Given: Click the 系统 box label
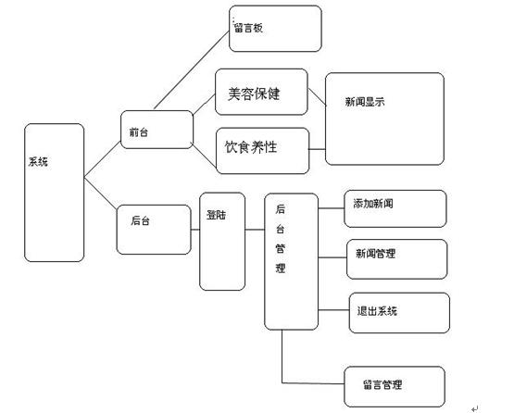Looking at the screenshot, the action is (38, 162).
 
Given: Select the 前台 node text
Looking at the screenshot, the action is (139, 132).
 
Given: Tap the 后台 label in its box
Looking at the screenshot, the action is (140, 220).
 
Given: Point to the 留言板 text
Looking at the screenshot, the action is (248, 28).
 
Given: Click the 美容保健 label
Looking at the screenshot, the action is (254, 94).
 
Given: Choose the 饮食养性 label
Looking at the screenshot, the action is (251, 147).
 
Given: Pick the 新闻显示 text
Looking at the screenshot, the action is (365, 102).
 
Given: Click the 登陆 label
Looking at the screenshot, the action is (216, 215).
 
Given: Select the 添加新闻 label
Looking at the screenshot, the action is (373, 204).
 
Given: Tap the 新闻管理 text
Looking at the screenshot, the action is (376, 254).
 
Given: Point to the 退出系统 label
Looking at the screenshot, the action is (377, 311).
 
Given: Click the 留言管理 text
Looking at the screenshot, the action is (382, 384).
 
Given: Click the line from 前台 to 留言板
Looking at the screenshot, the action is (192, 70).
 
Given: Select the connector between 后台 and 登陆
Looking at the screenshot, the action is (195, 230).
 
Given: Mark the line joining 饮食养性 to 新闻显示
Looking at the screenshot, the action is (317, 149).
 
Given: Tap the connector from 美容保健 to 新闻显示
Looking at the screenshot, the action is (317, 96).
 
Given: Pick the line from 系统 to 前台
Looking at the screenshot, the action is (102, 159).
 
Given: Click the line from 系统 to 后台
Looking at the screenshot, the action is (100, 193).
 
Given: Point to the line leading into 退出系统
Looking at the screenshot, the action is (333, 309).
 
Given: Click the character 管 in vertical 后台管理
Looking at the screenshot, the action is (281, 249).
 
